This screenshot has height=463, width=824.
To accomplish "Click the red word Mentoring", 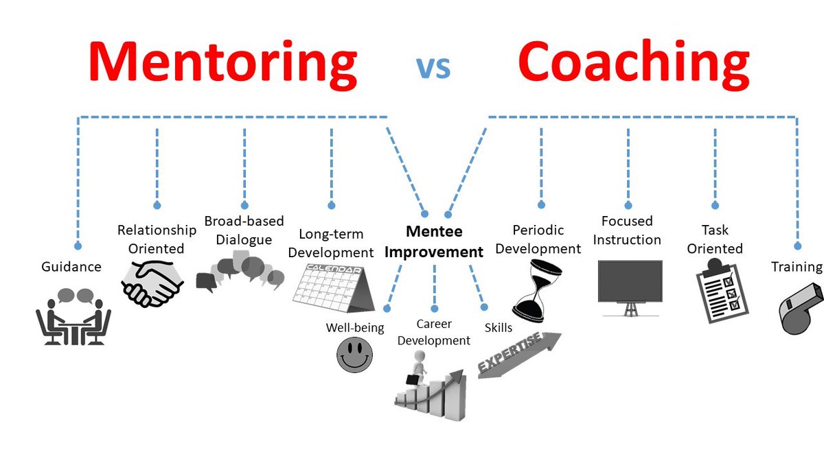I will (222, 62).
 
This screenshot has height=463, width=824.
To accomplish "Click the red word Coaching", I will (633, 62).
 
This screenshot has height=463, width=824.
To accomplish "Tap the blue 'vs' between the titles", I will (433, 67).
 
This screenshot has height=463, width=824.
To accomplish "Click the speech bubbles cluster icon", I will (240, 272).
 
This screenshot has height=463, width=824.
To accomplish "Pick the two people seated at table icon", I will (73, 316).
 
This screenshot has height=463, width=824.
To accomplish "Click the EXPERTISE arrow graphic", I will (518, 354).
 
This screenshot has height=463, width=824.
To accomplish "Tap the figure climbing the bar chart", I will (431, 389).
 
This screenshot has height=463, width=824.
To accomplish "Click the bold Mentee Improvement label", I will (433, 241).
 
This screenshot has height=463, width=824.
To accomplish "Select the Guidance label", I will (71, 266).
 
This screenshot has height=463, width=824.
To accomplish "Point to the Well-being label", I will (355, 327).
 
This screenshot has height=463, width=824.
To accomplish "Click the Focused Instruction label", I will (627, 230).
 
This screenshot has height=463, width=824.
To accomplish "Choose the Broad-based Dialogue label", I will (238, 230).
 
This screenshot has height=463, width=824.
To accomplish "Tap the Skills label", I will (499, 328).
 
